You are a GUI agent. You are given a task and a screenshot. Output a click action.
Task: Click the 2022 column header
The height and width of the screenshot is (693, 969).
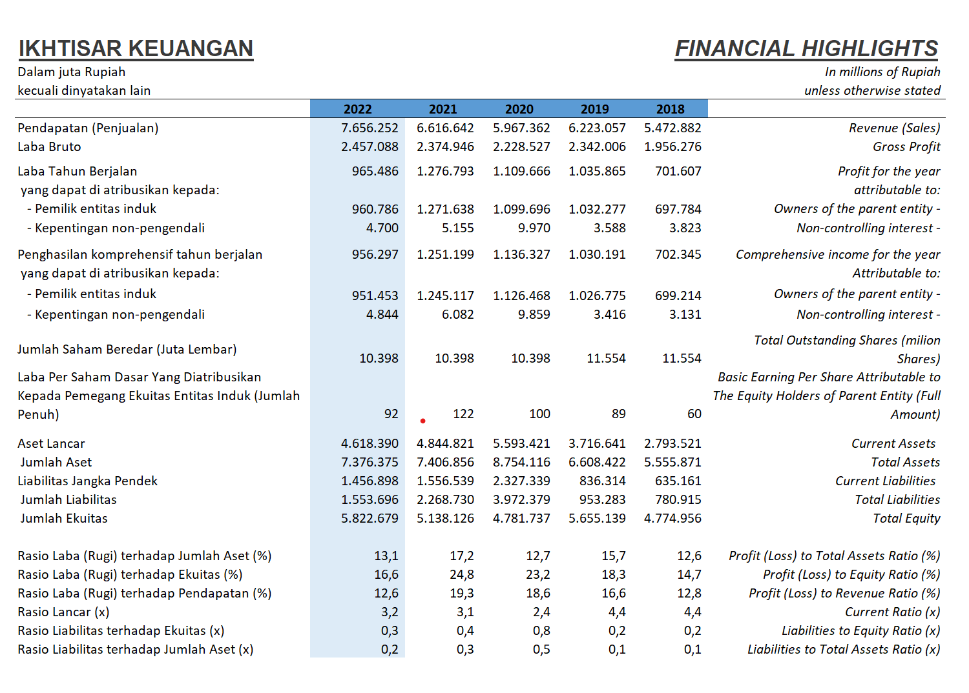click(x=357, y=109)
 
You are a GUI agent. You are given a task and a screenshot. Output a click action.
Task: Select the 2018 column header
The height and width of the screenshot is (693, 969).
click(x=670, y=109)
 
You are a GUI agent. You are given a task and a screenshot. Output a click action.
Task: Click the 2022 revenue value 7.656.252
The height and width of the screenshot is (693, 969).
click(x=370, y=128)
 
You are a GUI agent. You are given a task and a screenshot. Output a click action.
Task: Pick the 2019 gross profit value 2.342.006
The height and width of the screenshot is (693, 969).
click(x=597, y=147)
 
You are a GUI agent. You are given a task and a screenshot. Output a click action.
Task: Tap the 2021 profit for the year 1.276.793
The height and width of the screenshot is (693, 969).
click(x=445, y=172)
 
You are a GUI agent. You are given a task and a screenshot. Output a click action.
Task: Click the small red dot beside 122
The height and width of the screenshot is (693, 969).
click(x=422, y=421)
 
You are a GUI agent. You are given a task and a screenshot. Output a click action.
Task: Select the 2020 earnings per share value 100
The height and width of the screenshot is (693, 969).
click(x=539, y=414)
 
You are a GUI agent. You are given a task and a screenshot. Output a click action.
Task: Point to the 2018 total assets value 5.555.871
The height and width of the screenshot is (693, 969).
click(x=672, y=462)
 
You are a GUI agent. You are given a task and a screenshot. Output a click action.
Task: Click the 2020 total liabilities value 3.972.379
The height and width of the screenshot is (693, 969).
click(x=521, y=500)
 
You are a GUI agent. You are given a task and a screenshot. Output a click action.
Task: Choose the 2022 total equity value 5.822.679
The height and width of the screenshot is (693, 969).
click(x=370, y=518)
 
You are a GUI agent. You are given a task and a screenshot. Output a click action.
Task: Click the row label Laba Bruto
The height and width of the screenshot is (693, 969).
click(x=49, y=147)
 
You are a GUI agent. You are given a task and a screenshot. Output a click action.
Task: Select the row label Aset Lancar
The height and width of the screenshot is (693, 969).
click(x=52, y=444)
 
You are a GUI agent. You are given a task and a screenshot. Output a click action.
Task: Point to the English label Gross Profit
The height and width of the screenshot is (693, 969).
click(x=906, y=147)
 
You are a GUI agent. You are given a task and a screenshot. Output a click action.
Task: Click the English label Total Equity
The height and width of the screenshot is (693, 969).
click(x=906, y=518)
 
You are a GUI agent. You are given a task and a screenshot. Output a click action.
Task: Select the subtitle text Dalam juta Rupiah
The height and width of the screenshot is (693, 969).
click(x=71, y=72)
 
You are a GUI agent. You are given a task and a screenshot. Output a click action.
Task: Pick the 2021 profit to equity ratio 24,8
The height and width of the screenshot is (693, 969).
click(x=462, y=575)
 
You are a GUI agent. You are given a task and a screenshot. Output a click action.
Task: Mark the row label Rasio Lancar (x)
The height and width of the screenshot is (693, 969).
click(x=63, y=612)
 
